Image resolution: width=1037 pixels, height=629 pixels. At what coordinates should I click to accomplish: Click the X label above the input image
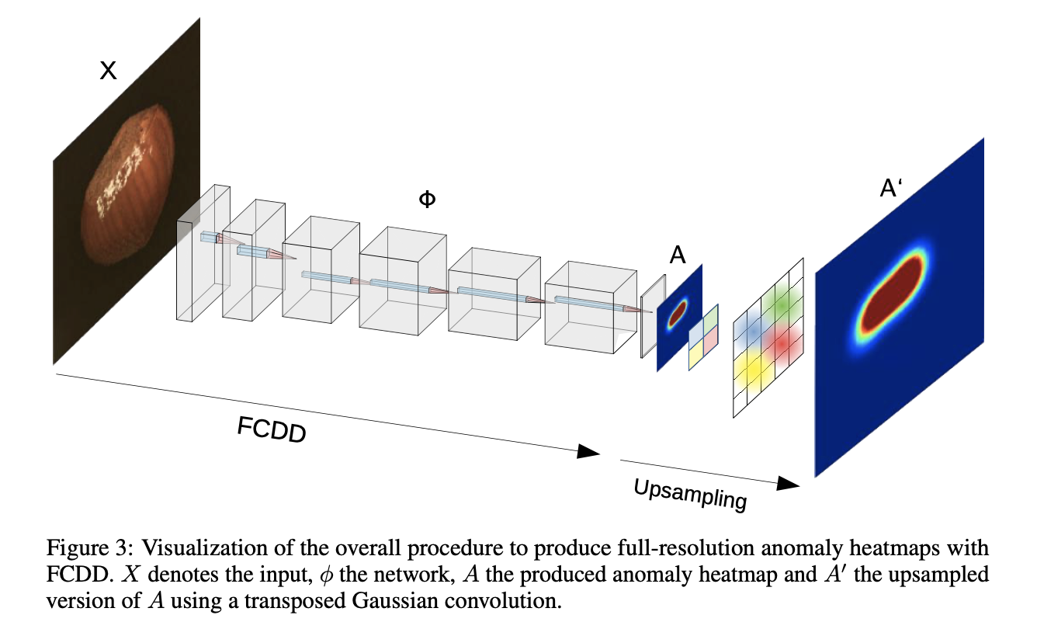coord(109,71)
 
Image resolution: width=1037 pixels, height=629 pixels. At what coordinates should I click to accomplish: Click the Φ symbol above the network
coord(427,200)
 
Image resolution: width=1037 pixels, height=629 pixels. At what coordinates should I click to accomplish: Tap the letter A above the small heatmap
coord(678,255)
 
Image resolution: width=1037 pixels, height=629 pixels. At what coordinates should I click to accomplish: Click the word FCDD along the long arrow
coord(272,429)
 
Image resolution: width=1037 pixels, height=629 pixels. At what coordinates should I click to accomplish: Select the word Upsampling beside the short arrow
coord(690,495)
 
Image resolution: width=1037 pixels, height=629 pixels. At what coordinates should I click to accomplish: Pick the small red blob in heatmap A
coord(678,311)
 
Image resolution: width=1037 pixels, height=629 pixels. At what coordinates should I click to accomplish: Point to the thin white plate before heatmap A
coord(652,317)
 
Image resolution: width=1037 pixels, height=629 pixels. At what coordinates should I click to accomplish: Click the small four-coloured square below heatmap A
coord(703,337)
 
